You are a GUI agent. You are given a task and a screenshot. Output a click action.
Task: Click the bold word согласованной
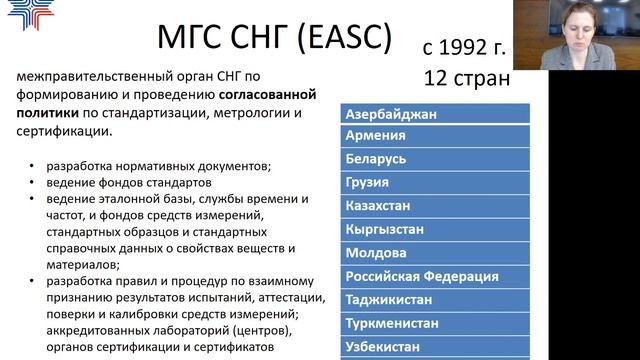[x=264, y=95]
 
